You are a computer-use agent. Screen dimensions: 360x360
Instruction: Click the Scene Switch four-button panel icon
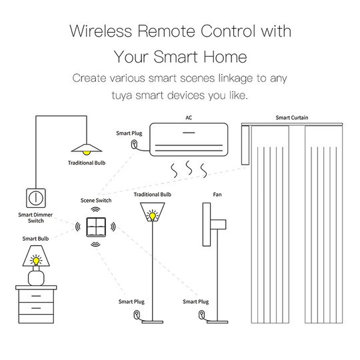point(96,227)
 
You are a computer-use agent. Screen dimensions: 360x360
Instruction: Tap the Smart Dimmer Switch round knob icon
point(36,198)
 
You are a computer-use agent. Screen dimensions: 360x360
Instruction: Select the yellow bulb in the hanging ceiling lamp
point(86,153)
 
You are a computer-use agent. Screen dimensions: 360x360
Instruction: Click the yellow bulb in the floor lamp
point(153,216)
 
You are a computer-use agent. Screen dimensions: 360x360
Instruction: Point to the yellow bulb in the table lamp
point(36,261)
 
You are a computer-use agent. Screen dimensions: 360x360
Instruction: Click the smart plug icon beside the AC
point(134,145)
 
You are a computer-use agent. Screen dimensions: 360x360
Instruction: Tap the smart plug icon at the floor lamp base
point(137,314)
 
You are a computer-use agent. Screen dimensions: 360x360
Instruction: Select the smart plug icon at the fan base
point(202,314)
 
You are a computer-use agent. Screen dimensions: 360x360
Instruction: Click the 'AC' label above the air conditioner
point(189,118)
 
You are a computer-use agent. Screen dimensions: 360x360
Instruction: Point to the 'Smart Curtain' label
point(292,118)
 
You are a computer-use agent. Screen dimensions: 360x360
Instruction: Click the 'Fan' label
point(217,195)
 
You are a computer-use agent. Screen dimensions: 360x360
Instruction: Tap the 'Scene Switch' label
point(96,201)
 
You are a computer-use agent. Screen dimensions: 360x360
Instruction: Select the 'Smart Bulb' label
point(35,239)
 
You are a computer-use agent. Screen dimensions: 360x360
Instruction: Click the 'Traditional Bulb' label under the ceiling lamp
point(87,163)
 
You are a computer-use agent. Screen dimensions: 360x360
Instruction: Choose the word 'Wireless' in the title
point(101,31)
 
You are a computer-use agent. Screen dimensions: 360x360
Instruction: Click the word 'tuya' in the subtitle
point(122,96)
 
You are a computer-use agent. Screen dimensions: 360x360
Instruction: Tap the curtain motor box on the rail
point(245,145)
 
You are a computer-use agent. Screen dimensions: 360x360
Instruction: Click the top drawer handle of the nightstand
point(36,296)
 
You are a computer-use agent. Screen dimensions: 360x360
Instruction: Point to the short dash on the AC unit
point(189,133)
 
